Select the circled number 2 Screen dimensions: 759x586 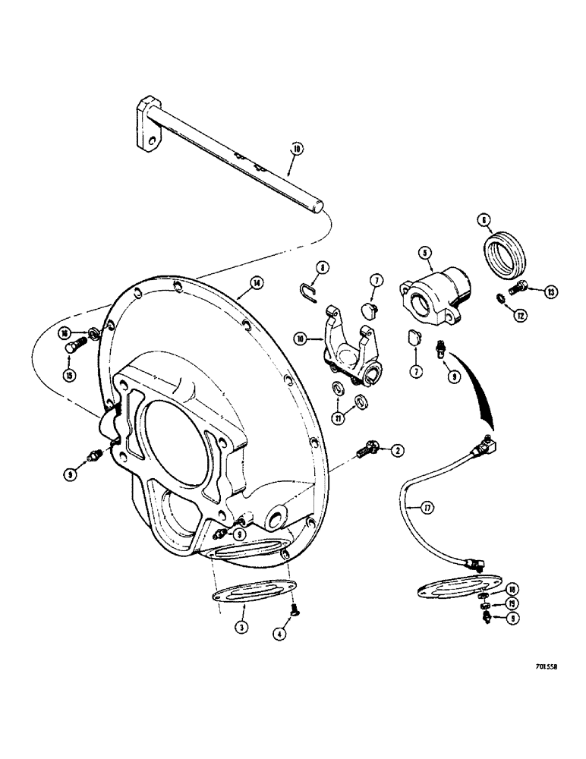[396, 451]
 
